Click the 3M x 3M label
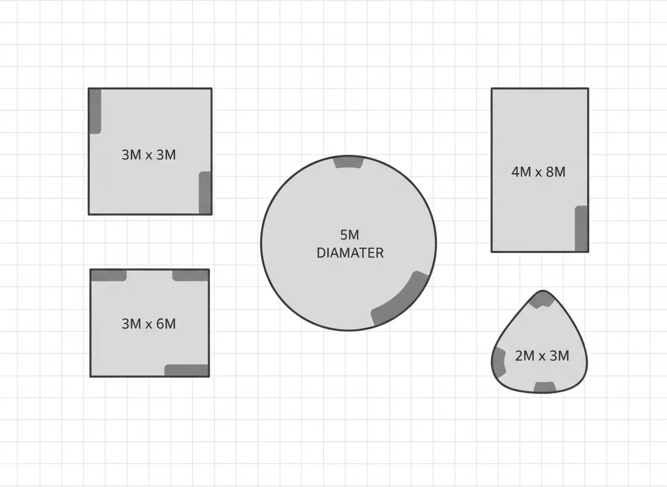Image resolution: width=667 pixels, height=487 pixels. point(149,154)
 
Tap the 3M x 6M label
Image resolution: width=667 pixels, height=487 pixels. point(149,324)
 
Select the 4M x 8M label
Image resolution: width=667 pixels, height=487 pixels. point(538,172)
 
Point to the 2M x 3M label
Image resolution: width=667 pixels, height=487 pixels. point(542,356)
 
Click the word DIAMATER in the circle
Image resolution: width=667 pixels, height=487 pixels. point(350,253)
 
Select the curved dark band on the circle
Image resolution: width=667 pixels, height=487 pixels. point(401,299)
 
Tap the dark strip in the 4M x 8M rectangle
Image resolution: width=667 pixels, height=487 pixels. point(581,228)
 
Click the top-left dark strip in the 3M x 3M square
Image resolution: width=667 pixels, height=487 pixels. point(95,111)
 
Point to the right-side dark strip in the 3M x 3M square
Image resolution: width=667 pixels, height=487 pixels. point(206,193)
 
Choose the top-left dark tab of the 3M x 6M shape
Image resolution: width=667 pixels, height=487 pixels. point(109,275)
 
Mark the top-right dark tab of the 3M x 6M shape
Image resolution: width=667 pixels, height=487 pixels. point(190,275)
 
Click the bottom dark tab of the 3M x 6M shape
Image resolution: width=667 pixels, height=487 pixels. point(186,370)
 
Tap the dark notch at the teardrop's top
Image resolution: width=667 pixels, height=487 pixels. point(543,299)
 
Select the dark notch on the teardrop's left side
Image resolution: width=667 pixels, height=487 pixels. point(499,361)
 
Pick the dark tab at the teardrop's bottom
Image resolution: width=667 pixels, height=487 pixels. point(545,387)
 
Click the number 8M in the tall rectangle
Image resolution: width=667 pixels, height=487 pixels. point(555,172)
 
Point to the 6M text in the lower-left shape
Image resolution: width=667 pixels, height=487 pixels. point(166,324)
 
